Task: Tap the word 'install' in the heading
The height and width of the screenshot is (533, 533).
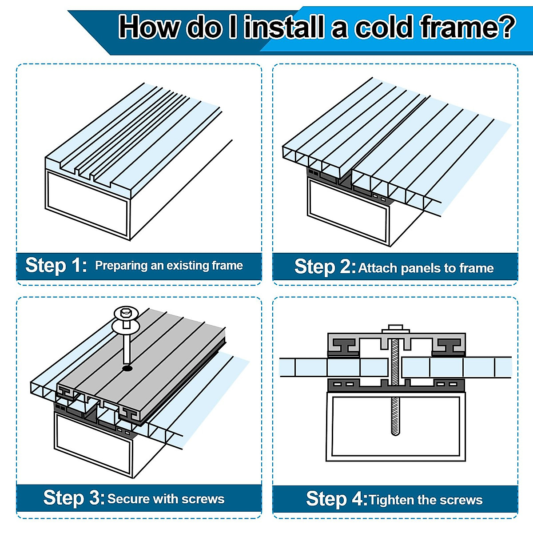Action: [x=284, y=27]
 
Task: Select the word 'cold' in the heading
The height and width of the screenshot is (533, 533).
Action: [x=384, y=27]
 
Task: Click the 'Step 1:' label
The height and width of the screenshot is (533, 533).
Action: [x=56, y=265]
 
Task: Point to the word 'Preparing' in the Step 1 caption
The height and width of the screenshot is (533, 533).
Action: [x=121, y=266]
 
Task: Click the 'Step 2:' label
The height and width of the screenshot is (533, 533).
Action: [x=325, y=266]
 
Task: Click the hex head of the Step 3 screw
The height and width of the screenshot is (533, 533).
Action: [x=127, y=312]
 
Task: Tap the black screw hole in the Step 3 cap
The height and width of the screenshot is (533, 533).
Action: [x=127, y=368]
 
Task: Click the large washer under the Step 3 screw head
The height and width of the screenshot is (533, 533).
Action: [x=126, y=326]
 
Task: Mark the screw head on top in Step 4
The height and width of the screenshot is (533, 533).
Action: [x=396, y=329]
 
